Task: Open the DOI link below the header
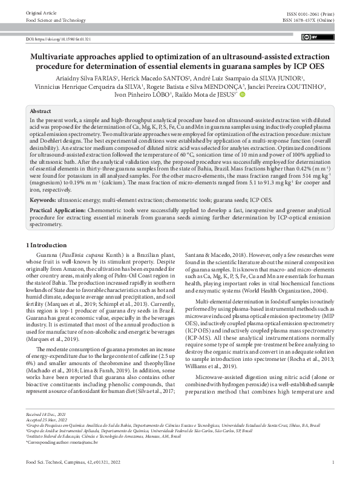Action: tap(58, 39)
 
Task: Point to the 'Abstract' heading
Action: tap(41, 112)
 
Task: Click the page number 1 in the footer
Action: tap(333, 462)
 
